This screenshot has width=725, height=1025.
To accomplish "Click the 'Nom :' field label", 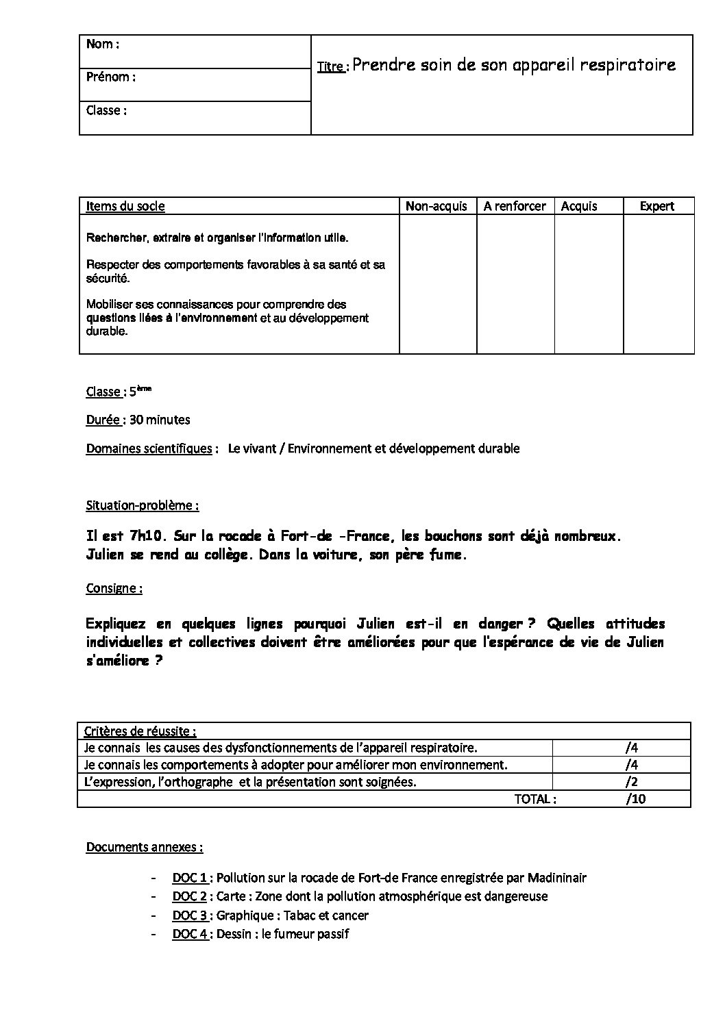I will coord(103,45).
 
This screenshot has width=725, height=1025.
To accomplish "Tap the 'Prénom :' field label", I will coord(110,77).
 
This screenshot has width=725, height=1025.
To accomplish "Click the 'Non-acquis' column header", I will coord(437,206).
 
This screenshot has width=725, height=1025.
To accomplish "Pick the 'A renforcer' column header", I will coord(515,206).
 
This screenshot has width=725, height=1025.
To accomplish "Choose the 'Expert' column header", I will coord(657,206).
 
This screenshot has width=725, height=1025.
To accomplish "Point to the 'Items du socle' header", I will coord(125,206).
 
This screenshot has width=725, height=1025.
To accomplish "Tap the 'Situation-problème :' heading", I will coord(143,505).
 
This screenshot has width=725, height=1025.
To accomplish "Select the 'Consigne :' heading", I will coord(114,588).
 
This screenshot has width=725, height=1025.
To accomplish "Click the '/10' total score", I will coord(635,799).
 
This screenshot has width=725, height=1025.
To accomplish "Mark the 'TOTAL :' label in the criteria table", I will coord(535,799).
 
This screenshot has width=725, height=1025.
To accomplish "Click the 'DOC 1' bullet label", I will coord(190,878).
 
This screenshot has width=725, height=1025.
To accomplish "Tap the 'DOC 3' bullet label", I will coord(190,915).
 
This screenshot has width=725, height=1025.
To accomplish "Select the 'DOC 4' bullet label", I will coord(190,934).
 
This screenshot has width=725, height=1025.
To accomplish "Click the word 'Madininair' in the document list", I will coord(556,878).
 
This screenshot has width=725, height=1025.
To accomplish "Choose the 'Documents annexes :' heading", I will coord(144,847).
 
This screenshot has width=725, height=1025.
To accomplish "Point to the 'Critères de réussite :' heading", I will coord(140,731).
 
